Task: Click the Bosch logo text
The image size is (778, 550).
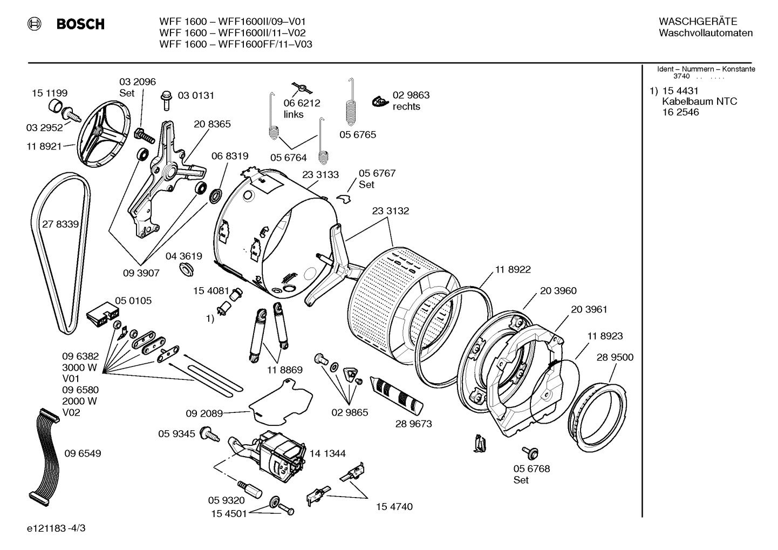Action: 80,24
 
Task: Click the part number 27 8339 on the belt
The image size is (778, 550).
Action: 60,224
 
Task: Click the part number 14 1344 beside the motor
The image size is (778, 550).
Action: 327,453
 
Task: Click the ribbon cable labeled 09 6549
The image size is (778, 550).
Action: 41,453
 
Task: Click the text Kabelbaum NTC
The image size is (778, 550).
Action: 699,101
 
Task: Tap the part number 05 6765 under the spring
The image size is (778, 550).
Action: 357,134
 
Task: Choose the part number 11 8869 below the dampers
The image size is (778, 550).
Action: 284,370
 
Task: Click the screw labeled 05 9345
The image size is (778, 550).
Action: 209,433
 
